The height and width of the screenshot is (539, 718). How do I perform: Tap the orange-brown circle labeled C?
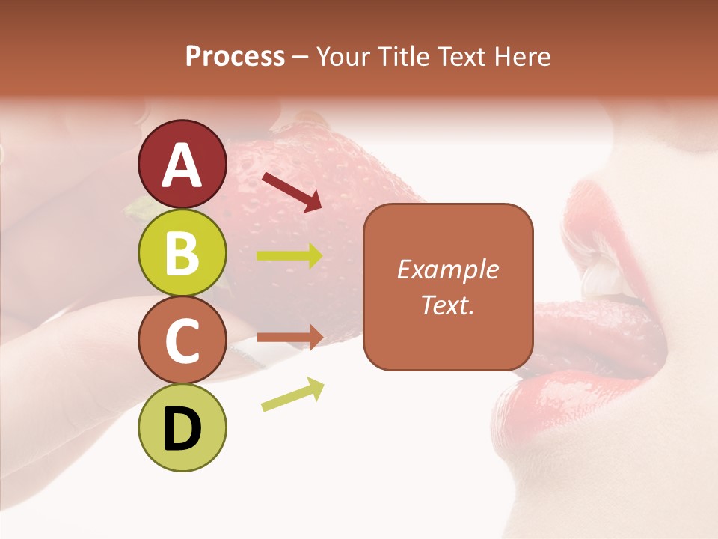[182, 341]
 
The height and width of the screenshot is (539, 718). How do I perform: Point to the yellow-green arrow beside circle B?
[289, 256]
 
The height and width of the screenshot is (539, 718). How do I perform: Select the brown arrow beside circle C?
[289, 337]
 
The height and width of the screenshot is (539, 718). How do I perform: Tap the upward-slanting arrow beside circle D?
[292, 395]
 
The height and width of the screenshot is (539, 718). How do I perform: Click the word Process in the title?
[235, 56]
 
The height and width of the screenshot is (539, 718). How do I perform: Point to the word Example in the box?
[448, 269]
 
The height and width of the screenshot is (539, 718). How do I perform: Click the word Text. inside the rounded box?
[448, 305]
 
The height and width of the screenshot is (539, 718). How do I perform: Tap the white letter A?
[182, 165]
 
